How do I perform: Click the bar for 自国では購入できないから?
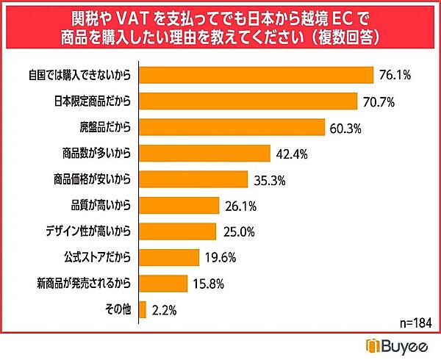[x=257, y=76]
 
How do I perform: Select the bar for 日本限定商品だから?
[x=248, y=101]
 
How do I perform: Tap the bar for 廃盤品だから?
[x=232, y=127]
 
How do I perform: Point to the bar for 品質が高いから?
[x=179, y=205]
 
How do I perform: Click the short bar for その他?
[x=143, y=309]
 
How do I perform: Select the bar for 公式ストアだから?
[x=169, y=257]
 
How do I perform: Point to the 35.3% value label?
[x=269, y=179]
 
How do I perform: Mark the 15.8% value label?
[x=209, y=283]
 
